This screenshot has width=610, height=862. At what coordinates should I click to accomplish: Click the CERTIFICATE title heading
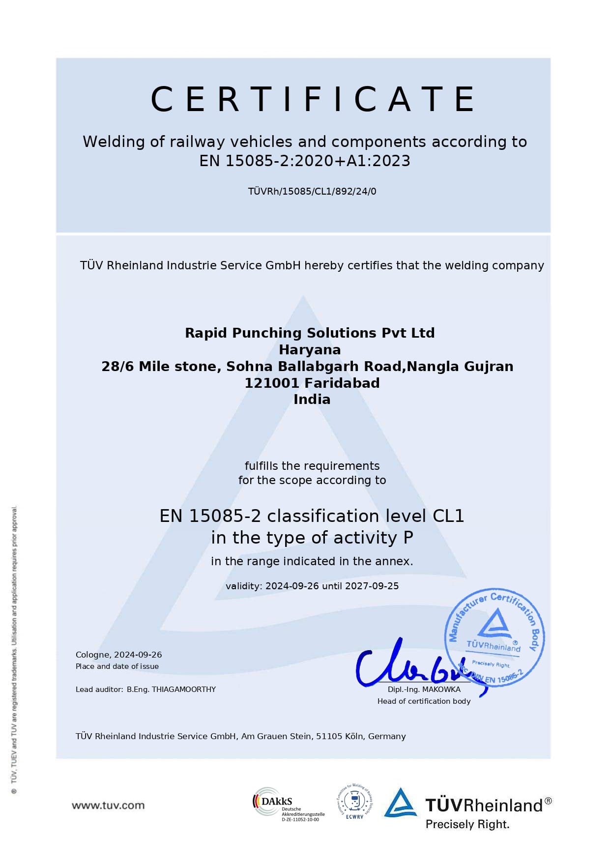pyautogui.click(x=313, y=99)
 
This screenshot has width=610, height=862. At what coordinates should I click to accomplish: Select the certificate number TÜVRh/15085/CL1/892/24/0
pyautogui.click(x=312, y=191)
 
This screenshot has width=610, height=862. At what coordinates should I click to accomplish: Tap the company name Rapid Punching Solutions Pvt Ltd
pyautogui.click(x=310, y=333)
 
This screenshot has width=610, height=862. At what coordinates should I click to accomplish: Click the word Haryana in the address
pyautogui.click(x=310, y=349)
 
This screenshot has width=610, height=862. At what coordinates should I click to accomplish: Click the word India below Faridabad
pyautogui.click(x=312, y=399)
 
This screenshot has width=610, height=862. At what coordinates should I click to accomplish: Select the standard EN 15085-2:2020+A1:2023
pyautogui.click(x=305, y=161)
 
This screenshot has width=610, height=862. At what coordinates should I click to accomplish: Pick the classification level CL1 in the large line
pyautogui.click(x=448, y=516)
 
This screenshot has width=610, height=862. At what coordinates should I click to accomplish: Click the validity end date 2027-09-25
pyautogui.click(x=372, y=586)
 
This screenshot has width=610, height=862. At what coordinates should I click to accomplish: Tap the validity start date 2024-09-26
pyautogui.click(x=292, y=586)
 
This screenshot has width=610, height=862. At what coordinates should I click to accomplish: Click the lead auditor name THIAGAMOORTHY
pyautogui.click(x=184, y=689)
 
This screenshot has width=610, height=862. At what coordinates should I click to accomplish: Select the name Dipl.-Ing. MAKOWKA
pyautogui.click(x=424, y=690)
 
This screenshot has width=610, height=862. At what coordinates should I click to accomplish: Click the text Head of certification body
pyautogui.click(x=424, y=701)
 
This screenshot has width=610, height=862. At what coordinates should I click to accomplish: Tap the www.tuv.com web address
pyautogui.click(x=108, y=805)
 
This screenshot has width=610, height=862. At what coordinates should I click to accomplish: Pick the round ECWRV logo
pyautogui.click(x=354, y=802)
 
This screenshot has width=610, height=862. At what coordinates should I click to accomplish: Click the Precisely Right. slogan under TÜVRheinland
pyautogui.click(x=467, y=824)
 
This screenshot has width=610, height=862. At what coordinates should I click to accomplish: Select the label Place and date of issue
pyautogui.click(x=117, y=666)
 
